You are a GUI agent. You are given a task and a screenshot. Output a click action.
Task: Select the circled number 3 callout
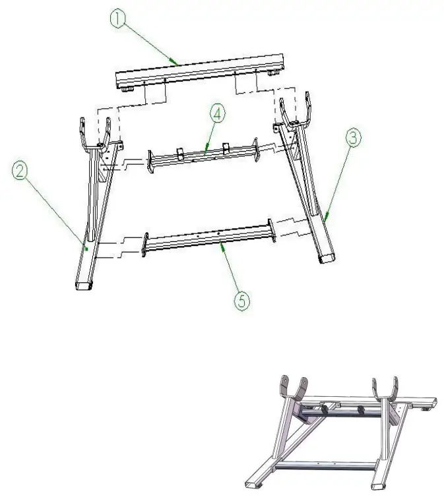coord(353,139)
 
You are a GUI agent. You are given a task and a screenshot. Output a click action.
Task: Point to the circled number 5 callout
coord(241,300)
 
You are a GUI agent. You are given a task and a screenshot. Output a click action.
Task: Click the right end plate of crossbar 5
coord(270,229)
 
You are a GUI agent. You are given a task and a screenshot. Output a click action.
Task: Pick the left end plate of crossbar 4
coord(150,163)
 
